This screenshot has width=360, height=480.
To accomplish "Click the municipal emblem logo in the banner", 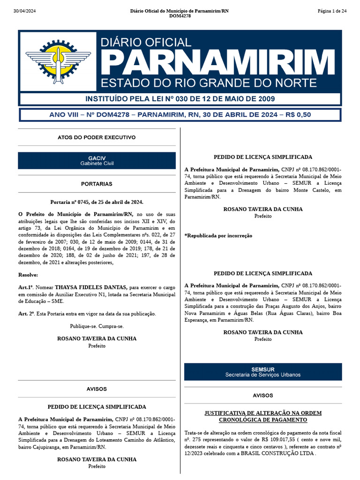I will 58,61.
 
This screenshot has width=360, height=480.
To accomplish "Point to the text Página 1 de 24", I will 332,11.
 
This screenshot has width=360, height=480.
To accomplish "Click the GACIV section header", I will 97,160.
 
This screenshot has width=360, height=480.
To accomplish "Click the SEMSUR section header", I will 263,372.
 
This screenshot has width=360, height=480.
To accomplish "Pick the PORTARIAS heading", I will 97,184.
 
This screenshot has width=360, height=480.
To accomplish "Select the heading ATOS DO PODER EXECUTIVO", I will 97,137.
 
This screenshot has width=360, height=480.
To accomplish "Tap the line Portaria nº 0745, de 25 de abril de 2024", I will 97,202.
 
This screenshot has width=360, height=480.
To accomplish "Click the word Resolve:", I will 28,275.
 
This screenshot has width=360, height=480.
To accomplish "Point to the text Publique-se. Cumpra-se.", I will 97,326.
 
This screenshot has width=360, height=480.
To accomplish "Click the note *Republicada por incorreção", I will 218,235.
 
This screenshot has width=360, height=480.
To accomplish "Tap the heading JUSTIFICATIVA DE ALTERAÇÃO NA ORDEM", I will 263,413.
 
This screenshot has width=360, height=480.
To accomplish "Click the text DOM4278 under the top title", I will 180,16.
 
